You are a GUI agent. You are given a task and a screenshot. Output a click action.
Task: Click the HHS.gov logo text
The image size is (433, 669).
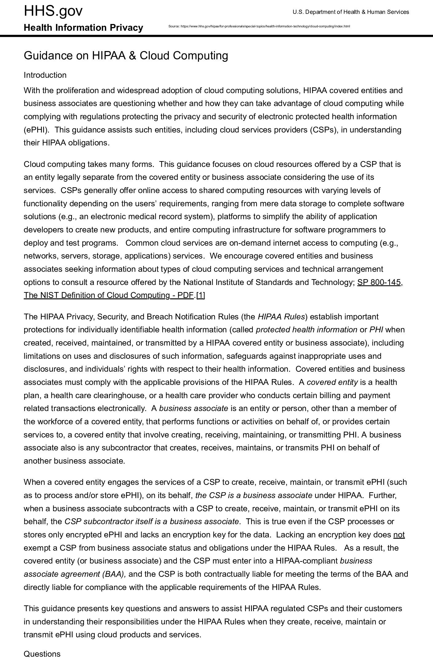tap(53, 11)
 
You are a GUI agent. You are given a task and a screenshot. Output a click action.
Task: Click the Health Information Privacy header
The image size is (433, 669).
tap(83, 28)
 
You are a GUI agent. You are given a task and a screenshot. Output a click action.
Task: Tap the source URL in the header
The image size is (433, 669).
tap(259, 26)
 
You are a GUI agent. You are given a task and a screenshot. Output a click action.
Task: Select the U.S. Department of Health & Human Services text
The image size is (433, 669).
tap(351, 12)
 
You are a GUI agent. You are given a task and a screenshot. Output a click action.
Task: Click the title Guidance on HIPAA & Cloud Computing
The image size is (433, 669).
tap(126, 56)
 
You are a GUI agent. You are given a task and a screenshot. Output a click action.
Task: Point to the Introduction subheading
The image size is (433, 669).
tap(45, 75)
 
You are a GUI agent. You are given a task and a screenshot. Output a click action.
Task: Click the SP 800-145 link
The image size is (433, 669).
tap(379, 282)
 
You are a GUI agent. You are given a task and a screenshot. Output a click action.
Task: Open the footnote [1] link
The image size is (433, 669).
tap(201, 295)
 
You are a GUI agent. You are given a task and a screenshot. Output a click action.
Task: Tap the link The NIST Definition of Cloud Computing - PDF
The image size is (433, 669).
tap(109, 295)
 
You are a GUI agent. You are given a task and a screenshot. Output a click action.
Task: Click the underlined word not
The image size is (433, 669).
tap(399, 535)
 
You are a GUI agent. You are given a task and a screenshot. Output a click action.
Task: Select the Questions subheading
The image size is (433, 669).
tap(42, 654)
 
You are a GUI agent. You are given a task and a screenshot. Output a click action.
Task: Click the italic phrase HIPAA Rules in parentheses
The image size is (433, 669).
tap(281, 317)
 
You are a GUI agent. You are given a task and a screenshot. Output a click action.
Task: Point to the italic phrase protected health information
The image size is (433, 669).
tap(306, 330)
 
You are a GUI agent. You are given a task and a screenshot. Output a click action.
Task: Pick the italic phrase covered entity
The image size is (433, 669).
tap(332, 382)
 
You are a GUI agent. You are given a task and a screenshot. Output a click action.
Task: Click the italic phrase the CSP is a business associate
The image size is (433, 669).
tap(254, 495)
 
